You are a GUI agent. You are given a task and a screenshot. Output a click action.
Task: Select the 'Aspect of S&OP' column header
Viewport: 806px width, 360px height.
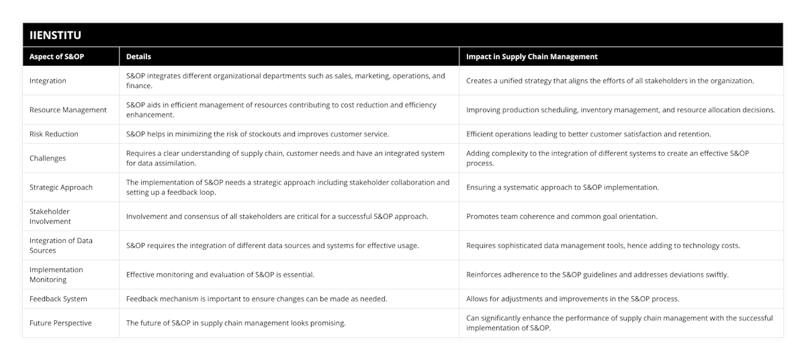point(56,56)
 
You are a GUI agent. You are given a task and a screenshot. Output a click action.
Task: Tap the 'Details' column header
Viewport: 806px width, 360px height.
point(138,56)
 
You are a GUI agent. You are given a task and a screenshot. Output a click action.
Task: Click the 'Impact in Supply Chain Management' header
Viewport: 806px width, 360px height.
point(532,56)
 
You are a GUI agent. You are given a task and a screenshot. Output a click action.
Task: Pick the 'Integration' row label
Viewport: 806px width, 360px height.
point(48,81)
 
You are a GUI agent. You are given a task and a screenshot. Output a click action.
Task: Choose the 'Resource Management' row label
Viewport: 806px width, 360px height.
point(68,109)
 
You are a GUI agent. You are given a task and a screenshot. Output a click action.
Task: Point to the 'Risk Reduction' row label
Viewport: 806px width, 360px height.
point(54,134)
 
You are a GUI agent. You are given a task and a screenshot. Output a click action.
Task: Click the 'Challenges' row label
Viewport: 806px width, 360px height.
point(48,158)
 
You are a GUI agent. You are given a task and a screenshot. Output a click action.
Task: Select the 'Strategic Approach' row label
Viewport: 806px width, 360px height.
point(61,187)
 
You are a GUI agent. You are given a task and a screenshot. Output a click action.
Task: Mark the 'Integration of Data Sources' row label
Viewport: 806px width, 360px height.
point(61,245)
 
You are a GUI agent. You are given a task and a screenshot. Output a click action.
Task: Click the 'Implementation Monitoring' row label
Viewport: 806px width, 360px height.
point(56,274)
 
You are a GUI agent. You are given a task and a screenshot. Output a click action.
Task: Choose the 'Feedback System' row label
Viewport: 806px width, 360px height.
point(58,298)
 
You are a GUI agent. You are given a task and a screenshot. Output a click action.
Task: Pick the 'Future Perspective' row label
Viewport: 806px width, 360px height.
point(60,322)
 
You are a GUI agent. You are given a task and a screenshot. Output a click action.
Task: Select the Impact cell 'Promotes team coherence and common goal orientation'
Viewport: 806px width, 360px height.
point(562,216)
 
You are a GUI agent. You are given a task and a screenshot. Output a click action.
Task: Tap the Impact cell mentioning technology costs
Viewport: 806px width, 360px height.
point(603,245)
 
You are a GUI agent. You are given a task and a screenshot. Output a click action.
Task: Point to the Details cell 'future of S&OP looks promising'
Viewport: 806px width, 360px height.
point(236,322)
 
